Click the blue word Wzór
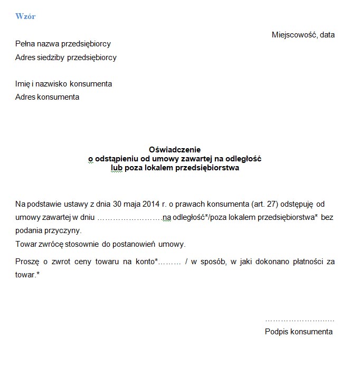(x=25, y=16)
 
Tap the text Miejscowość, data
(x=303, y=35)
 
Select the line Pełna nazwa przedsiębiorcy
(x=63, y=44)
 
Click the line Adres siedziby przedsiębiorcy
(x=66, y=57)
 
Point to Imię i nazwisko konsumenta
(x=63, y=84)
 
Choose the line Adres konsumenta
(x=47, y=97)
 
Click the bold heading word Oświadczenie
(x=175, y=150)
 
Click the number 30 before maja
(x=114, y=204)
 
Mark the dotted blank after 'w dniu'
(x=130, y=217)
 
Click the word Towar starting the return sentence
(x=26, y=245)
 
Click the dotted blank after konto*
(x=170, y=262)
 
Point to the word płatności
(x=306, y=262)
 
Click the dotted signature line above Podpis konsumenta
(x=299, y=320)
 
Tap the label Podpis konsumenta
(x=299, y=332)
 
